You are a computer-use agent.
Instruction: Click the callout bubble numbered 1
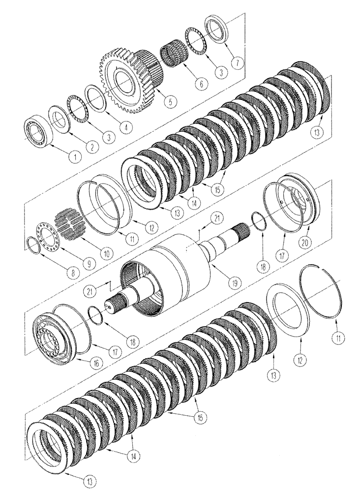point(74,157)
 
